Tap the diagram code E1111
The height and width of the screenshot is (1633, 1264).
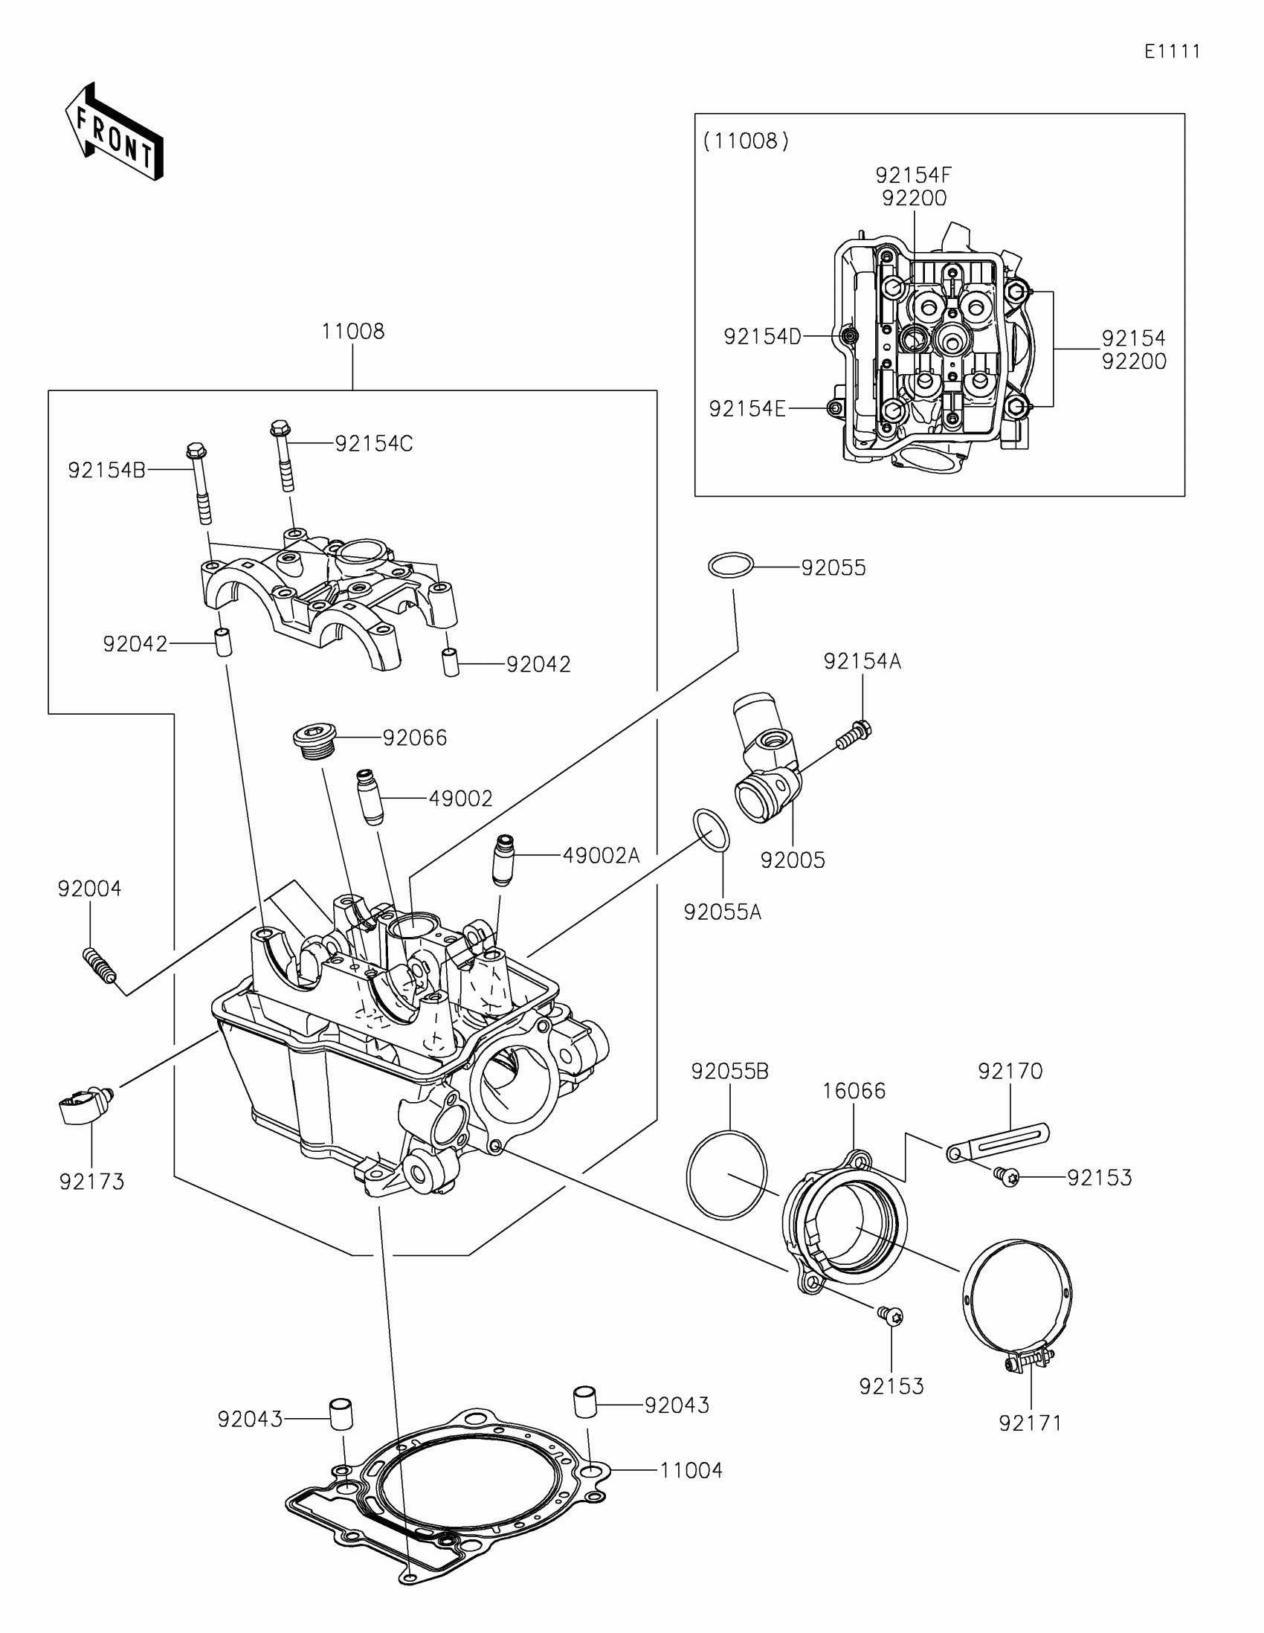1172,51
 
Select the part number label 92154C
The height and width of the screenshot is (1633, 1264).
374,443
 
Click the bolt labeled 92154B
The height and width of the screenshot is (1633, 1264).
199,483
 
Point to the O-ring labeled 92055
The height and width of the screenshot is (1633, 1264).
730,566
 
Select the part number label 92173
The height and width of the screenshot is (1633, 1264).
92,1182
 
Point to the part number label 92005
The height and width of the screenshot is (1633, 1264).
793,860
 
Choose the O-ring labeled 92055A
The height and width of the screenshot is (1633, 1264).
711,830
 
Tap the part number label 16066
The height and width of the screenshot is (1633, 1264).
854,1091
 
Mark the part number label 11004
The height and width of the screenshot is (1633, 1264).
691,1471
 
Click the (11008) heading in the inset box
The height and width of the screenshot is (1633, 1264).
745,141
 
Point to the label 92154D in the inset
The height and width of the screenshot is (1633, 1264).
762,337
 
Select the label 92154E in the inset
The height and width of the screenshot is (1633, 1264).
747,409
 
